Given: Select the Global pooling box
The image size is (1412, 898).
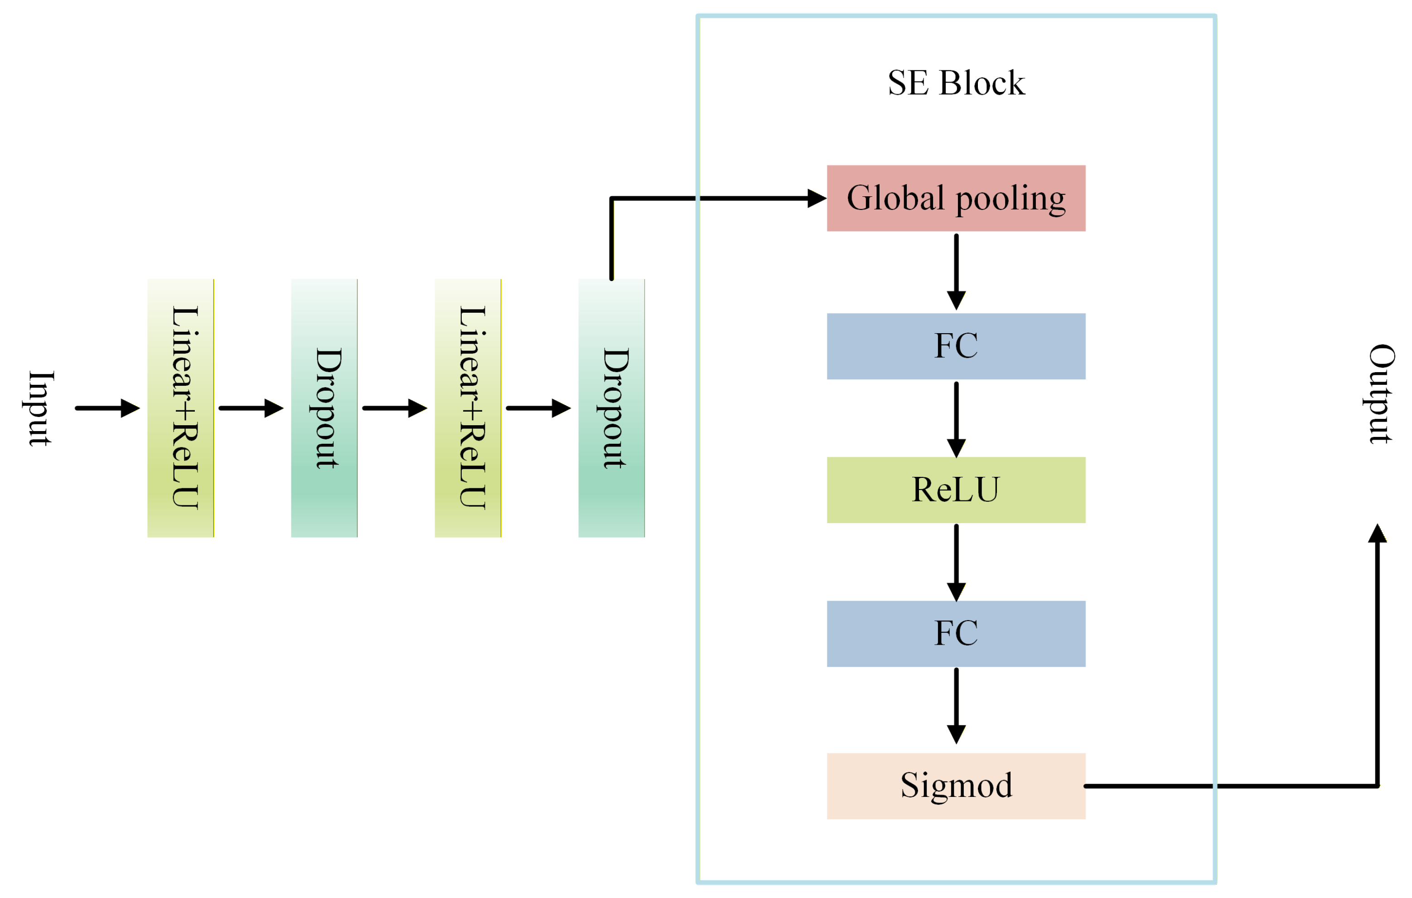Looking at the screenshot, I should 956,198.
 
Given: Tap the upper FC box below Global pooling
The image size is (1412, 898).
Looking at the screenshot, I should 956,346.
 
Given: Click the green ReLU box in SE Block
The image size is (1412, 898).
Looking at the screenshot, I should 956,490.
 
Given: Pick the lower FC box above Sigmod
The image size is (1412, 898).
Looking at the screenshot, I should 956,633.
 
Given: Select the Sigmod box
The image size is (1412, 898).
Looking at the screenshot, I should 956,786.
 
